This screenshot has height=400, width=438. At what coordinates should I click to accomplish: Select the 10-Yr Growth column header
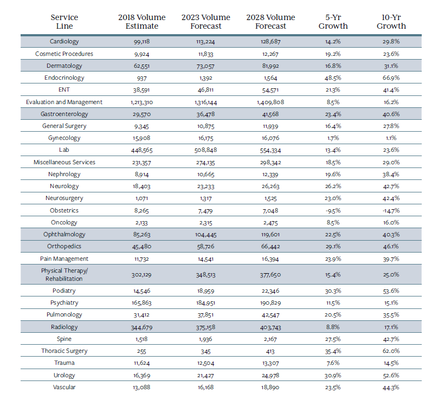click(x=392, y=21)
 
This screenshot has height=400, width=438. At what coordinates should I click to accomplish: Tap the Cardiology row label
click(x=64, y=42)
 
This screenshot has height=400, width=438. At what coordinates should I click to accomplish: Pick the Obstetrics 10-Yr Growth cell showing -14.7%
click(x=391, y=210)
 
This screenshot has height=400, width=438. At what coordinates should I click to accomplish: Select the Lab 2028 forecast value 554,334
click(x=270, y=150)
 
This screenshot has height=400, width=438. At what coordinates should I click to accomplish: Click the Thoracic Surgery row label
click(x=64, y=351)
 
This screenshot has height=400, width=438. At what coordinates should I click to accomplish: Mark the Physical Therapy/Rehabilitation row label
click(x=64, y=274)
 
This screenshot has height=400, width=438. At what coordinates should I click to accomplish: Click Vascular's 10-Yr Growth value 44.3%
click(x=391, y=387)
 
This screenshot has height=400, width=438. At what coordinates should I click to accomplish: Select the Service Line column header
click(x=64, y=21)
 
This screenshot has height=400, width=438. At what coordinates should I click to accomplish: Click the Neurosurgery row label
click(x=64, y=198)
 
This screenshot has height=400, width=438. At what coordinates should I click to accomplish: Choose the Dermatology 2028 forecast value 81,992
click(x=270, y=66)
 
